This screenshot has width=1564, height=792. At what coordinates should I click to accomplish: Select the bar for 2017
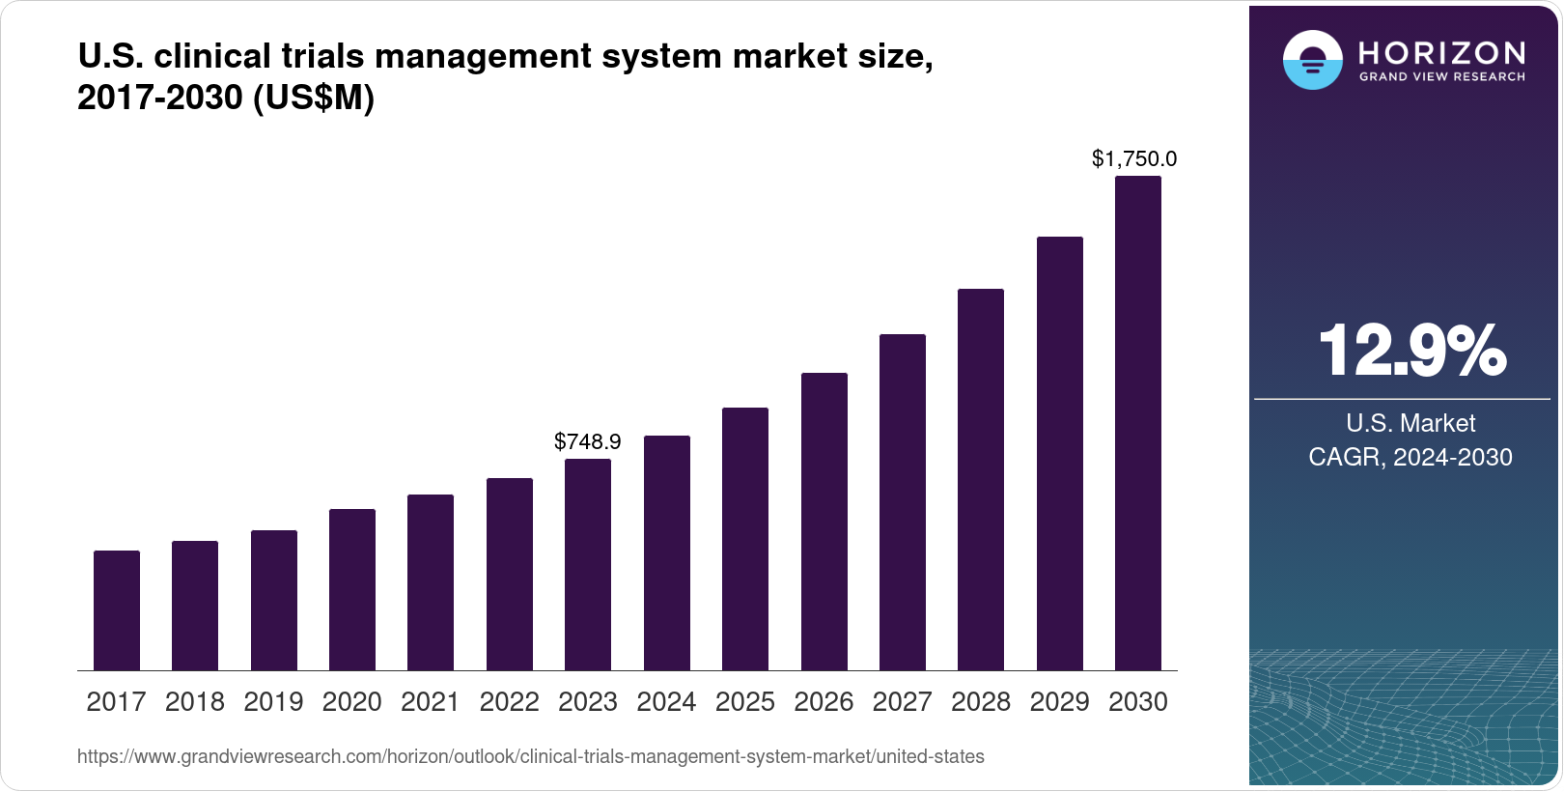pos(117,610)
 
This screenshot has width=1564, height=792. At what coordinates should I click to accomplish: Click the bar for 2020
pos(352,589)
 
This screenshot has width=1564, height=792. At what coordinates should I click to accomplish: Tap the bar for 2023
pos(588,564)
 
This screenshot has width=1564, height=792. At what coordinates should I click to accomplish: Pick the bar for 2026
pos(824,522)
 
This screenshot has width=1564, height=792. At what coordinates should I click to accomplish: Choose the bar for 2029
pos(1060,453)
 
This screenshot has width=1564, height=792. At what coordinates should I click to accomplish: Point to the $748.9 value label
pos(588,442)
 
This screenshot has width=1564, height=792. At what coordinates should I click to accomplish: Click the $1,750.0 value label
pos(1134,159)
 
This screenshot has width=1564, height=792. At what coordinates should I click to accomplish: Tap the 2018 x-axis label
pos(195,702)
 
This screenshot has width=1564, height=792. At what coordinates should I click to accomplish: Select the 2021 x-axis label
pos(431,702)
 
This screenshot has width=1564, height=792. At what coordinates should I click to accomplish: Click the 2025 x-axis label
pos(745,702)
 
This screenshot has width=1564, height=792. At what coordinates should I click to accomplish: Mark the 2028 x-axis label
pos(981,702)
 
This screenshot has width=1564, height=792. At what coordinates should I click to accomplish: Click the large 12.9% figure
pos(1411,351)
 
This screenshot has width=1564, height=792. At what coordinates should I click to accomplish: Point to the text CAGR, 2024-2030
pos(1410,458)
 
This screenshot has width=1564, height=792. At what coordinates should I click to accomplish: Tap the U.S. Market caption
pos(1410,424)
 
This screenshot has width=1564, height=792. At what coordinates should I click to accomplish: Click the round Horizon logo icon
pos(1312,60)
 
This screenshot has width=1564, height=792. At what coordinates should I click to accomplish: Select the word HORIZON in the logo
pos(1442,52)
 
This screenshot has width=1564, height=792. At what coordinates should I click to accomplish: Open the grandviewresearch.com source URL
pos(531,757)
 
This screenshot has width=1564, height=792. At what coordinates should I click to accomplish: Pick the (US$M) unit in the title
pos(313,99)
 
